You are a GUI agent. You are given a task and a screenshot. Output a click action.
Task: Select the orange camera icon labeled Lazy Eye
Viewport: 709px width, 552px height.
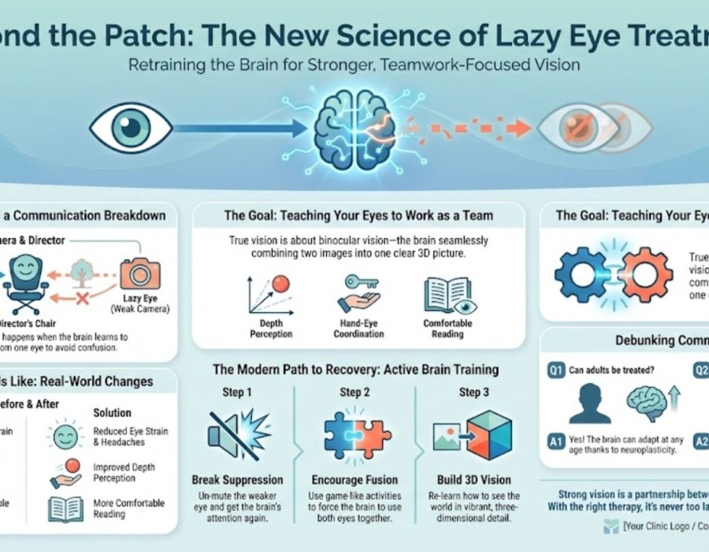tap(141, 275)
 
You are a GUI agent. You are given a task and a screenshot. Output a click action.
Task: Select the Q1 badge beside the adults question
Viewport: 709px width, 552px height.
tap(555, 370)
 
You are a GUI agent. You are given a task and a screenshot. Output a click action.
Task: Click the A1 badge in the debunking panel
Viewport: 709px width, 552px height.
tap(555, 442)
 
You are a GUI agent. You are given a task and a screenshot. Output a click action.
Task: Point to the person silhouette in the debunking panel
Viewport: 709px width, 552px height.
tap(592, 404)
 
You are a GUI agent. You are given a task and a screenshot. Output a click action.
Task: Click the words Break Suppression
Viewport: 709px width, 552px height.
tap(238, 479)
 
